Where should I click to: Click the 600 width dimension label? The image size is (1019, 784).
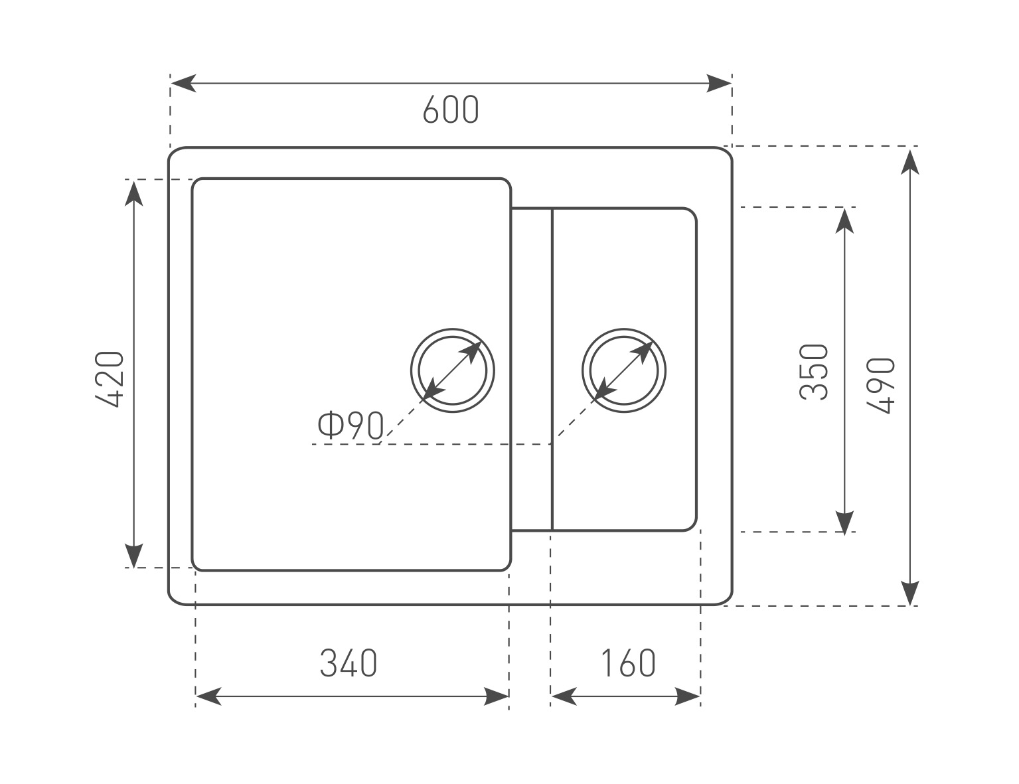point(451,110)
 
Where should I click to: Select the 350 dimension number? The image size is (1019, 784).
point(815,372)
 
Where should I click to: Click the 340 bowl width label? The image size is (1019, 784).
point(349,663)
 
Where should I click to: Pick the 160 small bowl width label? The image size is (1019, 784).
point(627,663)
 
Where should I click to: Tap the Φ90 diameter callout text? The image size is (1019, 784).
point(350,426)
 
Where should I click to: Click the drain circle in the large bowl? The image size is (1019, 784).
point(453,370)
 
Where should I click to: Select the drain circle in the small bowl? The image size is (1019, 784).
point(624,370)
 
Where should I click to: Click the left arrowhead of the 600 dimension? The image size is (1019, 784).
point(182,84)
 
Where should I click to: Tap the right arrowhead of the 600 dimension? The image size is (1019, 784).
point(720,84)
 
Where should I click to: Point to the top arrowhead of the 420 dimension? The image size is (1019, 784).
point(134,192)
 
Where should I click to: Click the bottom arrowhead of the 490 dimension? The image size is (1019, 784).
point(910,593)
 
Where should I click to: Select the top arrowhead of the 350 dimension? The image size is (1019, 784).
point(844,220)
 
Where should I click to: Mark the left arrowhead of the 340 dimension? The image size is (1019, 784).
point(208,696)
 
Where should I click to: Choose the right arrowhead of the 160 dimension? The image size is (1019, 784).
point(688,696)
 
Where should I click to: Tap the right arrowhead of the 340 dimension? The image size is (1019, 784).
point(497,696)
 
